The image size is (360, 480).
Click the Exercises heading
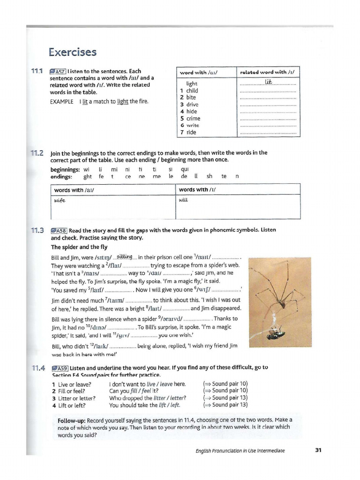(73, 52)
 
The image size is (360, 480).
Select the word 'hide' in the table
(191, 112)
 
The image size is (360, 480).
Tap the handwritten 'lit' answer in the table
(268, 82)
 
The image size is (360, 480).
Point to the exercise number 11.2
(37, 153)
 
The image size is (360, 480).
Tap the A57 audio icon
(58, 72)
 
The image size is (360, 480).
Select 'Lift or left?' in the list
(70, 405)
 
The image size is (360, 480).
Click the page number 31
(318, 450)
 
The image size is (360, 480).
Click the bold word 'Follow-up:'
(73, 420)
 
